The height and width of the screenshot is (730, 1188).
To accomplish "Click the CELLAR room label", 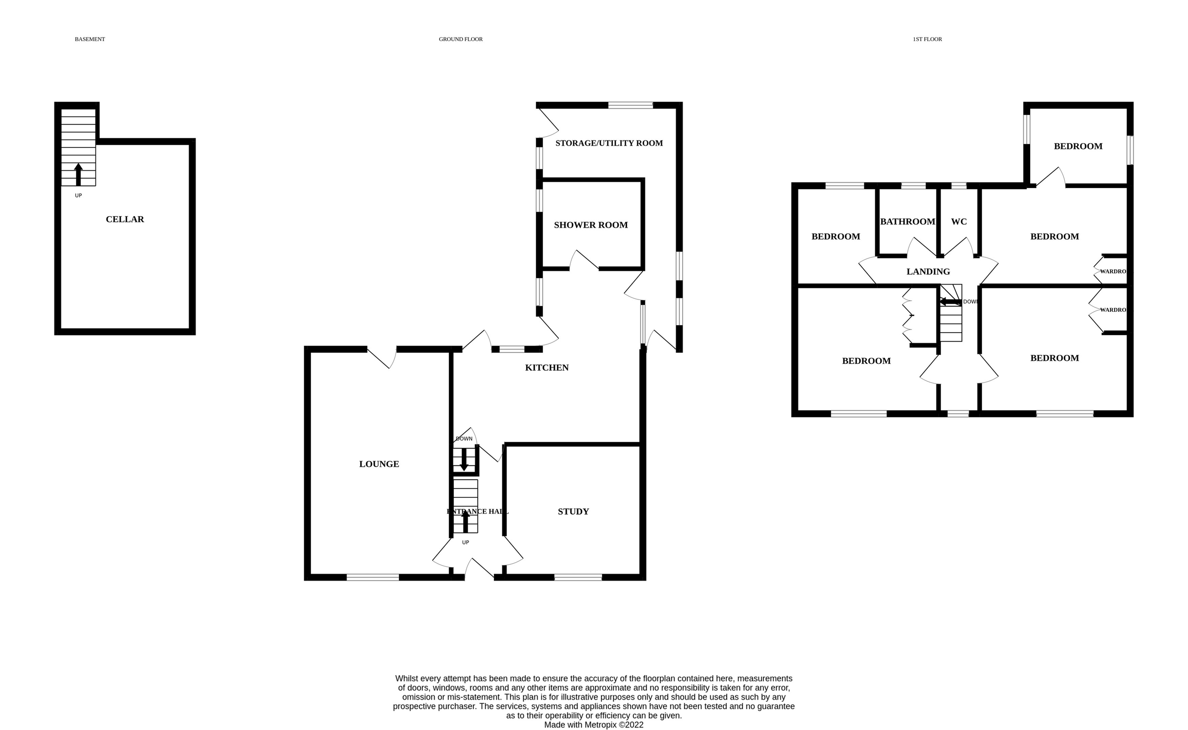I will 125,219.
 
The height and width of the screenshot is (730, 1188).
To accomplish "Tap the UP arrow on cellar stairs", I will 78,174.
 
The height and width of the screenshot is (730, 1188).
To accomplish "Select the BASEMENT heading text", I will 90,39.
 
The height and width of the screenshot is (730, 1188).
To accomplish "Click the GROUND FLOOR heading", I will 460,39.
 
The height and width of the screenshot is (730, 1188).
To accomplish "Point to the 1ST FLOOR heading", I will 927,39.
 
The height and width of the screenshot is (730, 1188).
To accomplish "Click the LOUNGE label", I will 379,464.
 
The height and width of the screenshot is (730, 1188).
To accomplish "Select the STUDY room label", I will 573,511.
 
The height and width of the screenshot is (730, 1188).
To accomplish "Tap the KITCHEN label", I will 546,367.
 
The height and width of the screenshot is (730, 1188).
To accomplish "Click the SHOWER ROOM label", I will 591,225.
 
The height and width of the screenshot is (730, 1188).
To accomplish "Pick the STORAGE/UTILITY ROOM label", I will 609,143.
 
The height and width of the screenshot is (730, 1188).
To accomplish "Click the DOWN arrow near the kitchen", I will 464,460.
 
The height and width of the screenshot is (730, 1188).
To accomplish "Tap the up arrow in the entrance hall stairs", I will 465,521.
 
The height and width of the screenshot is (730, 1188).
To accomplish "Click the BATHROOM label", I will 907,221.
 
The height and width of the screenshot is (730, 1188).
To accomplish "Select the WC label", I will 959,221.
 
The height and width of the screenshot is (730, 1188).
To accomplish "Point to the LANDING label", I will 928,271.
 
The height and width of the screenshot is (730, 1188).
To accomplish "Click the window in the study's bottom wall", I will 578,577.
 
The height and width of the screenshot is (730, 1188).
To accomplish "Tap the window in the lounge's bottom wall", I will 372,577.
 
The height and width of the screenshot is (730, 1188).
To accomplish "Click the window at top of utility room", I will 630,105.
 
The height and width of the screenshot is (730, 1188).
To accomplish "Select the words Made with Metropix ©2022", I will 594,725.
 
